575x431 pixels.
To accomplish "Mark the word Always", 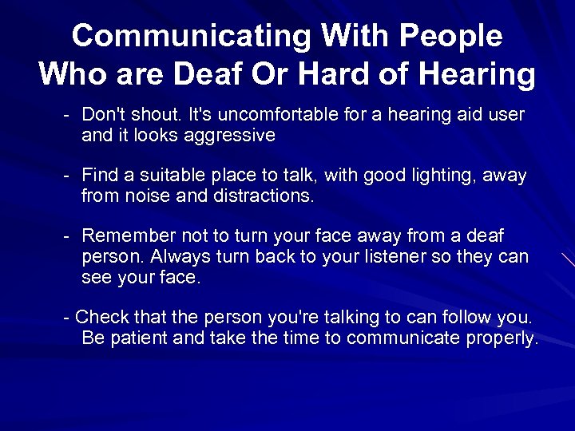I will pos(179,257).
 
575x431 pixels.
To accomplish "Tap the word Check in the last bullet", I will pos(100,318).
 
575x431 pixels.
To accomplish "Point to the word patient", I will pos(137,338).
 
